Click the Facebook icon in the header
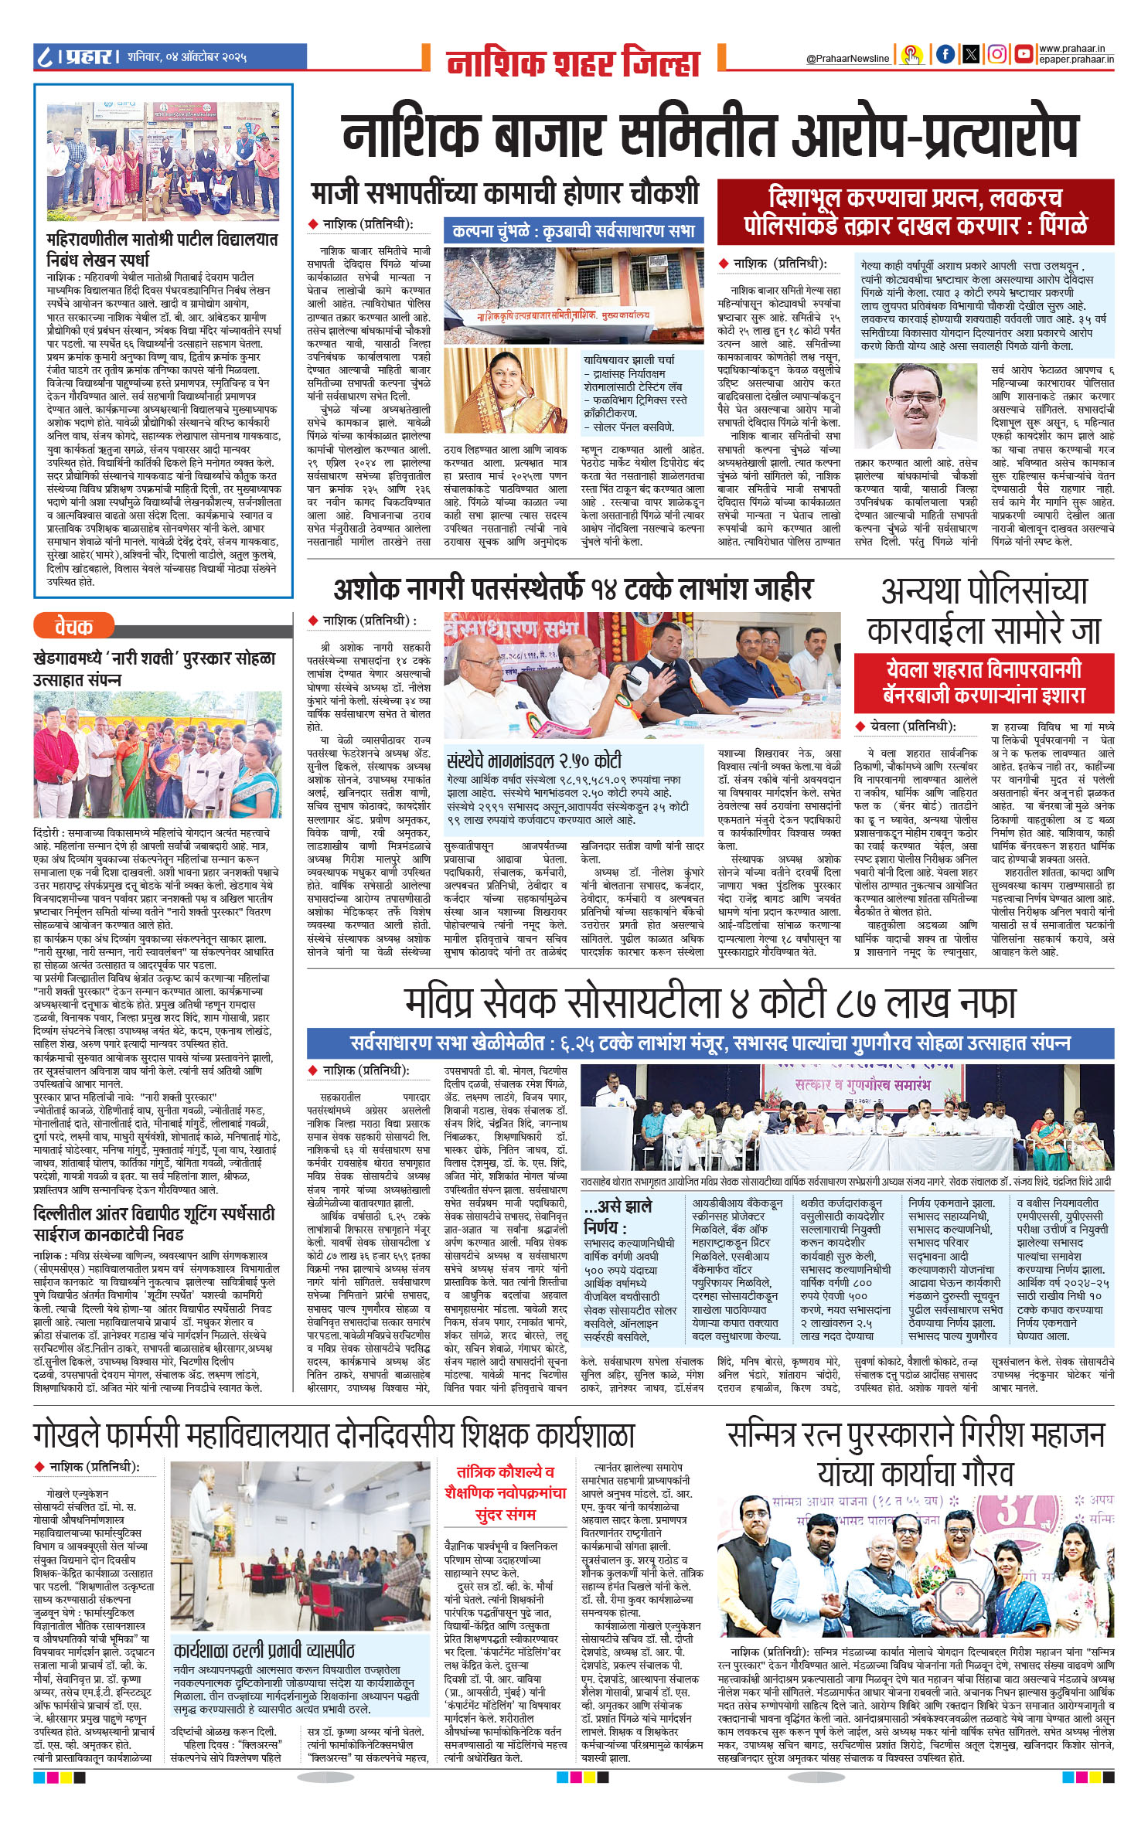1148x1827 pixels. click(x=945, y=53)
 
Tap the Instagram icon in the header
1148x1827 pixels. click(x=997, y=53)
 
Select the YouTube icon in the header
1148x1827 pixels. click(x=1024, y=53)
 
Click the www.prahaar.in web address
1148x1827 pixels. click(x=1076, y=49)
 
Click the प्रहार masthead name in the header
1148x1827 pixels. click(x=90, y=56)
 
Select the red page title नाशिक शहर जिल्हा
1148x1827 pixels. click(x=573, y=63)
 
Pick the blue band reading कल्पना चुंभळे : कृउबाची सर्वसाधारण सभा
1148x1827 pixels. click(x=574, y=230)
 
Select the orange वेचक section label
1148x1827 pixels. click(x=74, y=626)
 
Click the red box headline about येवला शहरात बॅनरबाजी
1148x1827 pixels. click(x=983, y=682)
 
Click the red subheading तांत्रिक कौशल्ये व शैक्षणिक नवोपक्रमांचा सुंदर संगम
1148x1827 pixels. click(x=506, y=1493)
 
